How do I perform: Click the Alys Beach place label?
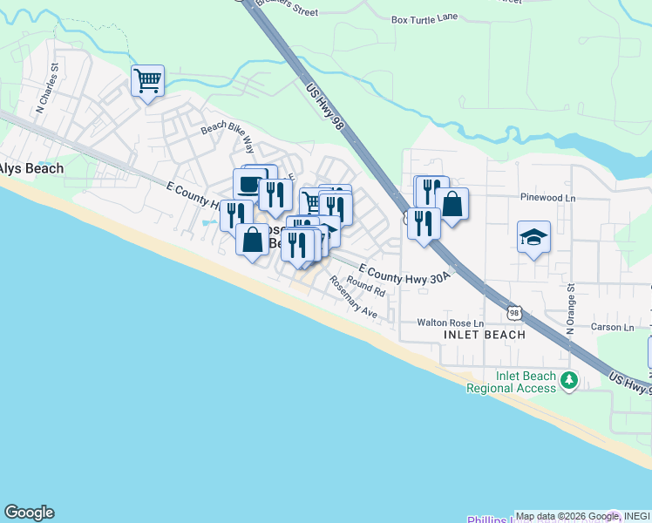(x=31, y=168)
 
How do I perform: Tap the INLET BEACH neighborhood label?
(x=485, y=335)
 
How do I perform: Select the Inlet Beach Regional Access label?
(x=525, y=382)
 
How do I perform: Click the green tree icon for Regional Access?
(x=569, y=380)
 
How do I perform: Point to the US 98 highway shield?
(x=514, y=312)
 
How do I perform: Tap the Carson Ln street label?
(x=612, y=328)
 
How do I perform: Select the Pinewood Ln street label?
(x=547, y=198)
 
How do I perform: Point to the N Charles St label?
(x=47, y=87)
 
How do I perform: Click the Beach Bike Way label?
(x=227, y=134)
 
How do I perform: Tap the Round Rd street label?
(x=365, y=285)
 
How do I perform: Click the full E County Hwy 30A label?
(x=404, y=275)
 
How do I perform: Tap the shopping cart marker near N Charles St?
(x=148, y=81)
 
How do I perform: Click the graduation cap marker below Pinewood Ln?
(x=533, y=236)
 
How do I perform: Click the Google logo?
(x=29, y=513)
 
